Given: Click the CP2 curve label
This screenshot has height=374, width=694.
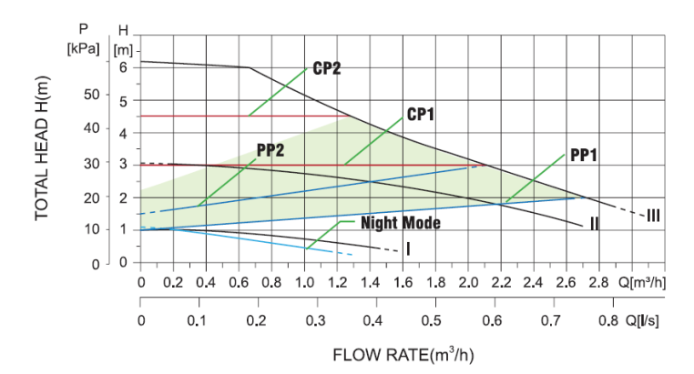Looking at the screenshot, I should tap(326, 68).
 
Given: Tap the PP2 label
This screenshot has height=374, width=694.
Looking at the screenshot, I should tap(270, 150).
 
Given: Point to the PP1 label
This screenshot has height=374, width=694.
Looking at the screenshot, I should tap(583, 156).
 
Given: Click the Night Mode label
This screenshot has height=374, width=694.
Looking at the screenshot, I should tap(401, 222).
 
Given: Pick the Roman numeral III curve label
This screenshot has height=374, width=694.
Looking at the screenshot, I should tap(654, 216).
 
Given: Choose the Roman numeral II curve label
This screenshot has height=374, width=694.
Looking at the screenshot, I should tap(593, 223).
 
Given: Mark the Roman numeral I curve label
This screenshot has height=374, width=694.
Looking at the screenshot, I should tap(408, 248).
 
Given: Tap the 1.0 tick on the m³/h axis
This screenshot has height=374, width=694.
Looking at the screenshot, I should tap(305, 283).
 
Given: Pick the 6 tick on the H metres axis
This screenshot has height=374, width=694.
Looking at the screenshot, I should tap(122, 66).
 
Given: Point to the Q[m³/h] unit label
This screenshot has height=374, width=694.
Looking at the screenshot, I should tap(640, 283).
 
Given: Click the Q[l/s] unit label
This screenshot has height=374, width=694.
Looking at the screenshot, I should tap(642, 321).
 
